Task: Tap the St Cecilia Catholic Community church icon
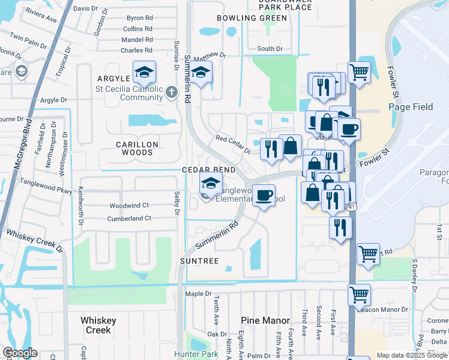pyautogui.click(x=172, y=92)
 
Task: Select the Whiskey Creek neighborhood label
pyautogui.click(x=98, y=325)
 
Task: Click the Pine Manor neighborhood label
pyautogui.click(x=265, y=321)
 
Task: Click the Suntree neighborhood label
pyautogui.click(x=199, y=261)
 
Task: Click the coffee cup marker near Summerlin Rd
pyautogui.click(x=263, y=195)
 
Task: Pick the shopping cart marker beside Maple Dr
pyautogui.click(x=359, y=295)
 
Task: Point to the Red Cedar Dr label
pyautogui.click(x=233, y=143)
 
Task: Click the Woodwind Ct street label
pyautogui.click(x=128, y=206)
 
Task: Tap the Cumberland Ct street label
pyautogui.click(x=130, y=218)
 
